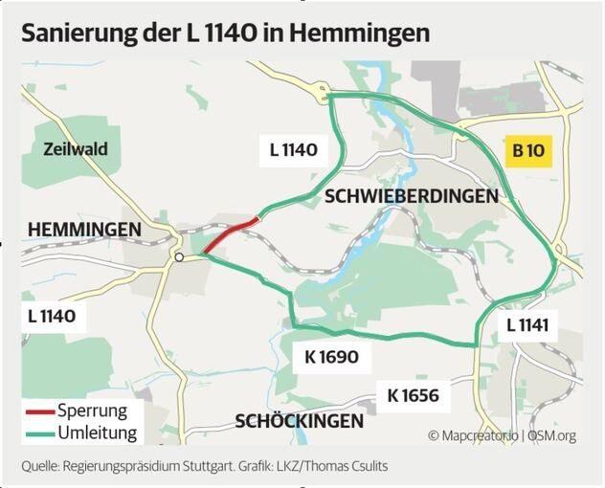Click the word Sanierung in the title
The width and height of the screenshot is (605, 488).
[82, 33]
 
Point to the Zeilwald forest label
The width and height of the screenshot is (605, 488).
[76, 149]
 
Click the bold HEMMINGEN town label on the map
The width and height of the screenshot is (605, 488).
[84, 230]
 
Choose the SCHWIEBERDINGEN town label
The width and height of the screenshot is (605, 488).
[412, 196]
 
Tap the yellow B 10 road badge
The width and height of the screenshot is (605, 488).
[529, 149]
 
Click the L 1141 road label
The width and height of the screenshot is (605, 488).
[527, 325]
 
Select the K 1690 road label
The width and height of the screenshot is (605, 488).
[331, 358]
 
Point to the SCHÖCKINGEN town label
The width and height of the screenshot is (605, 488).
[300, 421]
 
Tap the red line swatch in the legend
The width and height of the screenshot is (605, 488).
[38, 412]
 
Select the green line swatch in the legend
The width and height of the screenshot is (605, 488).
[38, 433]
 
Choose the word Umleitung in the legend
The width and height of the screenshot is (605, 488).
[97, 433]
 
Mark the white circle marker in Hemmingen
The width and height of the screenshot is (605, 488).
[179, 257]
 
